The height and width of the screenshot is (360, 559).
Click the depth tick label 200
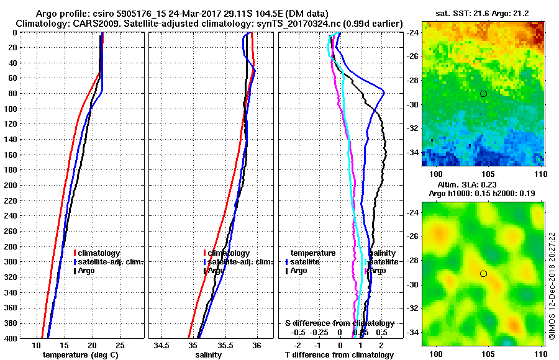[11, 185]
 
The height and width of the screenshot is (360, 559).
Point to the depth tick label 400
[11, 338]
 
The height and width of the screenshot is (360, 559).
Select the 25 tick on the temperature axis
[120, 345]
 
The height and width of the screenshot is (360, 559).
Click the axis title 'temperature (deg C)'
[80, 354]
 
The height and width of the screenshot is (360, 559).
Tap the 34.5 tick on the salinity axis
[163, 345]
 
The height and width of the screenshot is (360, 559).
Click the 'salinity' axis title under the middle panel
[209, 354]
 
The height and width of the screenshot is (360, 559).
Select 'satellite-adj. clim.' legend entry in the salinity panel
[239, 262]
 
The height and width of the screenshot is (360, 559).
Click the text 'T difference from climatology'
[339, 354]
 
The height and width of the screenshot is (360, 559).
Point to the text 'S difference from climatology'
[339, 324]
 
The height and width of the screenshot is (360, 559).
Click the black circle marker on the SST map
[483, 93]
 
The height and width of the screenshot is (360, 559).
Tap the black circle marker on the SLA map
[483, 273]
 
